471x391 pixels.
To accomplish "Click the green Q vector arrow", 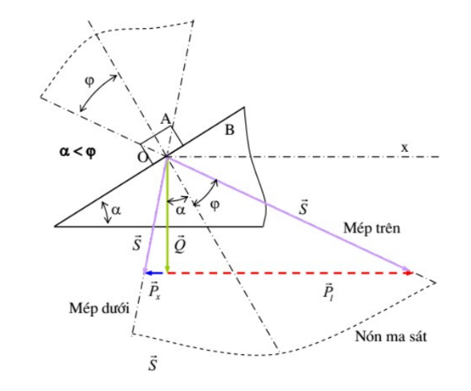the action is click(x=168, y=214).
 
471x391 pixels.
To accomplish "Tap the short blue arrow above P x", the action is click(x=154, y=273).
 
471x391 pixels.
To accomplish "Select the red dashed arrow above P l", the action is click(x=290, y=273).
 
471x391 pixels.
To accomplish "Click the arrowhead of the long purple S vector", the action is click(x=408, y=270).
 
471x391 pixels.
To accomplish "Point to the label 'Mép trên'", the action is click(x=371, y=228).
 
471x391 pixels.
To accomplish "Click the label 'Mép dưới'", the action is click(x=99, y=308).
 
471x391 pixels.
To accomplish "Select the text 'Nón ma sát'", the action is click(x=391, y=336).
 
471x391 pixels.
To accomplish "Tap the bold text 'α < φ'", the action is click(x=78, y=151).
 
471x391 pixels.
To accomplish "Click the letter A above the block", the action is click(x=166, y=119).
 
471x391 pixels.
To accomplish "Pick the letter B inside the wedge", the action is click(x=230, y=130).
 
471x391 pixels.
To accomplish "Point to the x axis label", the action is click(x=405, y=148).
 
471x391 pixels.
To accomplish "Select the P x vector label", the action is click(x=154, y=290).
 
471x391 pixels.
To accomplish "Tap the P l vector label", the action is click(x=329, y=291).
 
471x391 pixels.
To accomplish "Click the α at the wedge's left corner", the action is click(x=116, y=210).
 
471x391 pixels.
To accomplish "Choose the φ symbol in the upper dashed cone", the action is click(x=89, y=81).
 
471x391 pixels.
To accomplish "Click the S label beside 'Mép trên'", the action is click(x=303, y=208).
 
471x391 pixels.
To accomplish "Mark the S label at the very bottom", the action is click(x=153, y=363).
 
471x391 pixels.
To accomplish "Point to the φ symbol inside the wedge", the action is click(x=215, y=205).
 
